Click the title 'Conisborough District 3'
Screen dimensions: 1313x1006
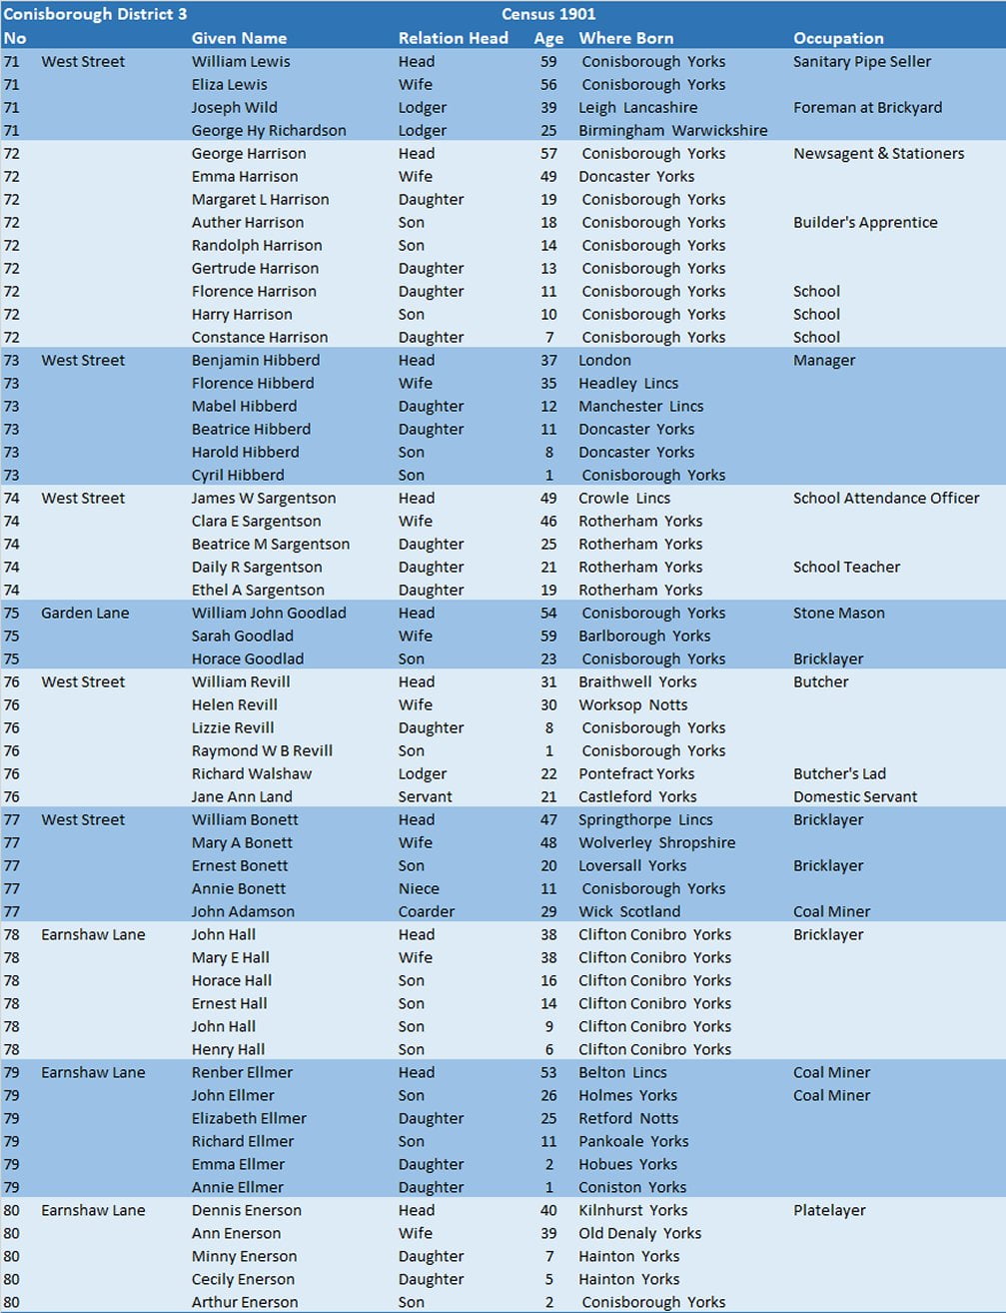(x=95, y=14)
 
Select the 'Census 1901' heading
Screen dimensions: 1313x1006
(x=548, y=14)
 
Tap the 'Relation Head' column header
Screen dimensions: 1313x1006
(x=453, y=38)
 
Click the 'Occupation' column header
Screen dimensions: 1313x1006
(x=838, y=38)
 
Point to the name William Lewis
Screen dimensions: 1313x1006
(x=241, y=61)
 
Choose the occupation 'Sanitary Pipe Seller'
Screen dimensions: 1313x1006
(x=861, y=61)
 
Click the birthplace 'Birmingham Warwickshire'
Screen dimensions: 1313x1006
(x=672, y=130)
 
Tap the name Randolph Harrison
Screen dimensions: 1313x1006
(x=257, y=245)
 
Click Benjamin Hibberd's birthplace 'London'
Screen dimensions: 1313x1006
(x=604, y=360)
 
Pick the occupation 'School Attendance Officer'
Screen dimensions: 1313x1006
(x=886, y=498)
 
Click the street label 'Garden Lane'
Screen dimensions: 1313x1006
(x=85, y=613)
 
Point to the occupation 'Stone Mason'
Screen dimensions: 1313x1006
(x=838, y=613)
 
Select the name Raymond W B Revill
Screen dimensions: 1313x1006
(x=262, y=750)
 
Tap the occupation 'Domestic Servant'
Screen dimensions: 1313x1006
(x=855, y=796)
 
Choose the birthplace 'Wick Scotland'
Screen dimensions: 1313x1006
(x=629, y=911)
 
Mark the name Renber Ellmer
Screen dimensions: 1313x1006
(x=242, y=1072)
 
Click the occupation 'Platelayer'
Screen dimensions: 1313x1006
(x=829, y=1210)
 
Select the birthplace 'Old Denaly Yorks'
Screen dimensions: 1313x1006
(x=639, y=1233)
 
